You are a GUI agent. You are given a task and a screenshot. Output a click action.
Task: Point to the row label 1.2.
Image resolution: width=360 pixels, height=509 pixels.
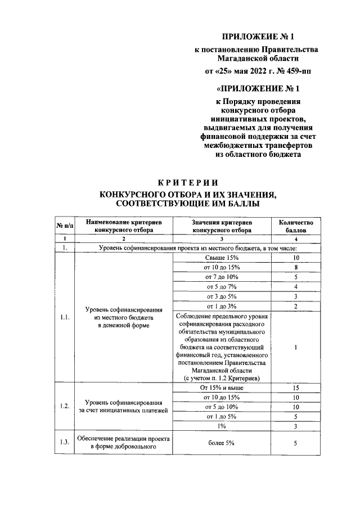point(65,407)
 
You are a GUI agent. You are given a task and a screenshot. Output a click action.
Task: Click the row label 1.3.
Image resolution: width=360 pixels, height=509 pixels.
point(65,443)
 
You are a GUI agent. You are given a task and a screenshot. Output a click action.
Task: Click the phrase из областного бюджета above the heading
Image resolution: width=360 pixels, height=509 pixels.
point(259,154)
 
